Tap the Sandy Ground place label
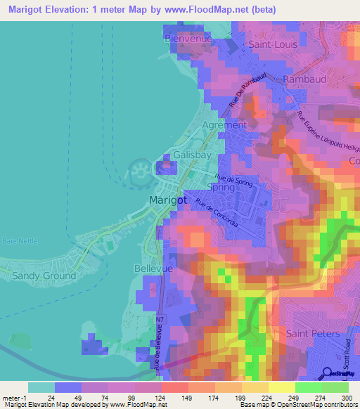44,276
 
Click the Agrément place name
224,124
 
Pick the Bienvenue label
188,39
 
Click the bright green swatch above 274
309,387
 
